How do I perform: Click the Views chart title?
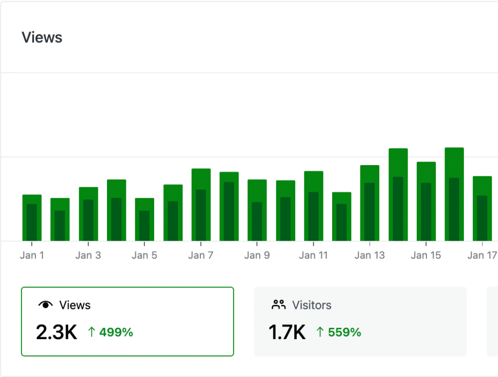pos(42,38)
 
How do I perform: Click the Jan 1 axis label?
pos(32,255)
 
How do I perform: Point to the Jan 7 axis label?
pos(201,255)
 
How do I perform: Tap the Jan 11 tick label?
pos(313,255)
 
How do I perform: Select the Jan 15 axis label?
pos(426,255)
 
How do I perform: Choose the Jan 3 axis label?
pos(88,255)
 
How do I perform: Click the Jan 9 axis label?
pos(257,255)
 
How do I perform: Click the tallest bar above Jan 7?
pos(201,205)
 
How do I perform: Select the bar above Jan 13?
pos(370,203)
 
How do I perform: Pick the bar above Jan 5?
pos(144,220)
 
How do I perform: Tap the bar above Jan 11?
pos(314,206)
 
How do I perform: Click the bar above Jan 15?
pos(426,201)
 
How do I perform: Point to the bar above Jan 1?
pos(32,218)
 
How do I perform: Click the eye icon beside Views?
pos(45,305)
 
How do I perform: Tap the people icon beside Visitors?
pos(279,305)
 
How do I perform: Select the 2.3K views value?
pos(56,332)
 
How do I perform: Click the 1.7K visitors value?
pos(287,332)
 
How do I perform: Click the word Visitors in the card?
pos(312,305)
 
